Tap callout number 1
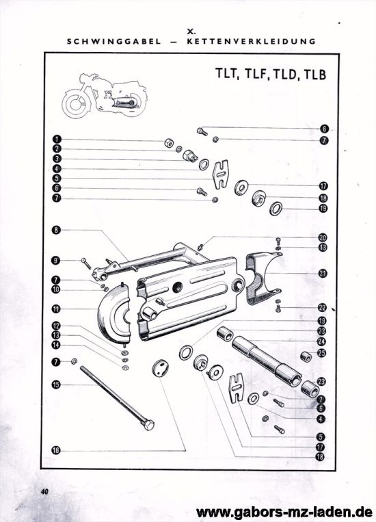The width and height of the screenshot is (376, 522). tap(58, 140)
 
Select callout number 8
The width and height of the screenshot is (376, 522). tap(57, 231)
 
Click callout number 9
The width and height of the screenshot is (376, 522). tap(57, 260)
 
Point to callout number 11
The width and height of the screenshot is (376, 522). tap(57, 309)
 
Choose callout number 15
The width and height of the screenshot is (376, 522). tap(57, 384)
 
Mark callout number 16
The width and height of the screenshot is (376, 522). tap(57, 450)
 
